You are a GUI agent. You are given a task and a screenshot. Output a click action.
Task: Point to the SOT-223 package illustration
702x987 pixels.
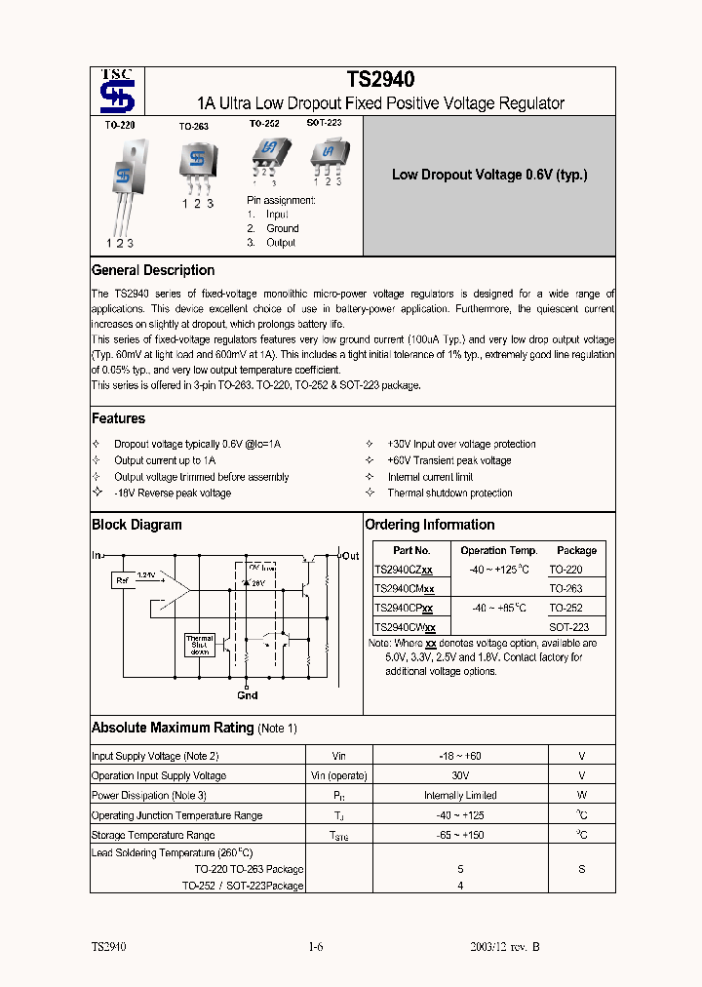pyautogui.click(x=329, y=154)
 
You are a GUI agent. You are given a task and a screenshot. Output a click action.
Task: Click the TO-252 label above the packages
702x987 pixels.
pyautogui.click(x=263, y=124)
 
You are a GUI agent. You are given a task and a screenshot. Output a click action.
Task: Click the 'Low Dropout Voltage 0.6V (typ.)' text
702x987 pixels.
pyautogui.click(x=489, y=176)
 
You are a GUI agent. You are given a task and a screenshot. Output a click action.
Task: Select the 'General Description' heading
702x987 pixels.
pyautogui.click(x=153, y=270)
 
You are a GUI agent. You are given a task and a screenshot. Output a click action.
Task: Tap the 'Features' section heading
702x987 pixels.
pyautogui.click(x=118, y=418)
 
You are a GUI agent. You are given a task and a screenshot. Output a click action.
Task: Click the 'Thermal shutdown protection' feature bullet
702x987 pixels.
pyautogui.click(x=449, y=493)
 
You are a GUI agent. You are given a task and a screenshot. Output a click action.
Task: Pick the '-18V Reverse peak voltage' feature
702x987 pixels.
pyautogui.click(x=173, y=493)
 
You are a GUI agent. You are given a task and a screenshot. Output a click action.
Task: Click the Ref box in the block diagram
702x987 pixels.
pyautogui.click(x=123, y=580)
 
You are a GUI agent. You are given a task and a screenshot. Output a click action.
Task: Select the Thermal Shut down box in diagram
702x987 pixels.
pyautogui.click(x=199, y=645)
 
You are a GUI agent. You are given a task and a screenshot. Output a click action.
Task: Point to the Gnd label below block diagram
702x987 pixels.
pyautogui.click(x=248, y=695)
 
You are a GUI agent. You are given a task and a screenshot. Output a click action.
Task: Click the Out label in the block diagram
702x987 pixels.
pyautogui.click(x=349, y=556)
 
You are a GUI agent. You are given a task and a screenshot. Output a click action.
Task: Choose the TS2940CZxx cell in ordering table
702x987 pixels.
pyautogui.click(x=405, y=570)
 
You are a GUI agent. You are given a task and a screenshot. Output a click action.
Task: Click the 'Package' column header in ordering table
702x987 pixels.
pyautogui.click(x=576, y=550)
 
